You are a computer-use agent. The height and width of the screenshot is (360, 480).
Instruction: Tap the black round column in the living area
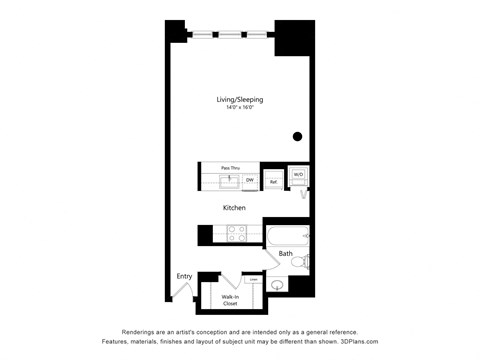point(297,137)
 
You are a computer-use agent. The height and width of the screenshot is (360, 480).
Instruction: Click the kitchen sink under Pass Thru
point(229,180)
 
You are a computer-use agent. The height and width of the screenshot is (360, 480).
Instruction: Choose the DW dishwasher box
point(249,180)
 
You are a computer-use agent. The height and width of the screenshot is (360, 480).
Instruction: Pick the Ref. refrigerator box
point(273,181)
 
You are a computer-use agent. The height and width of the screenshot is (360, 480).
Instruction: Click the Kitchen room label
point(234,208)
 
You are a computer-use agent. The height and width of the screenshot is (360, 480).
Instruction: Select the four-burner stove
point(237,234)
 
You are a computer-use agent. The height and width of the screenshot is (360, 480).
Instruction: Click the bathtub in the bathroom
point(288,237)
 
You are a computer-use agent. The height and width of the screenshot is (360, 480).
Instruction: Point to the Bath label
point(285,254)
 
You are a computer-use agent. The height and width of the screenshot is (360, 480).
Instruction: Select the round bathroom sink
point(277,285)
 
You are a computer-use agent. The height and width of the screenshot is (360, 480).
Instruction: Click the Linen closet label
point(254,279)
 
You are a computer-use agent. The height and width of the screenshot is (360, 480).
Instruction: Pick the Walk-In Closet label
point(230,299)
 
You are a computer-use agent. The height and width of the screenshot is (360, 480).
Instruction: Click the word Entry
point(184,276)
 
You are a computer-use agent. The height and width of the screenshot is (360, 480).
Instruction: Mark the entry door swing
point(181,291)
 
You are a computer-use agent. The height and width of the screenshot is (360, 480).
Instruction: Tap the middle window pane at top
point(231,35)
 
